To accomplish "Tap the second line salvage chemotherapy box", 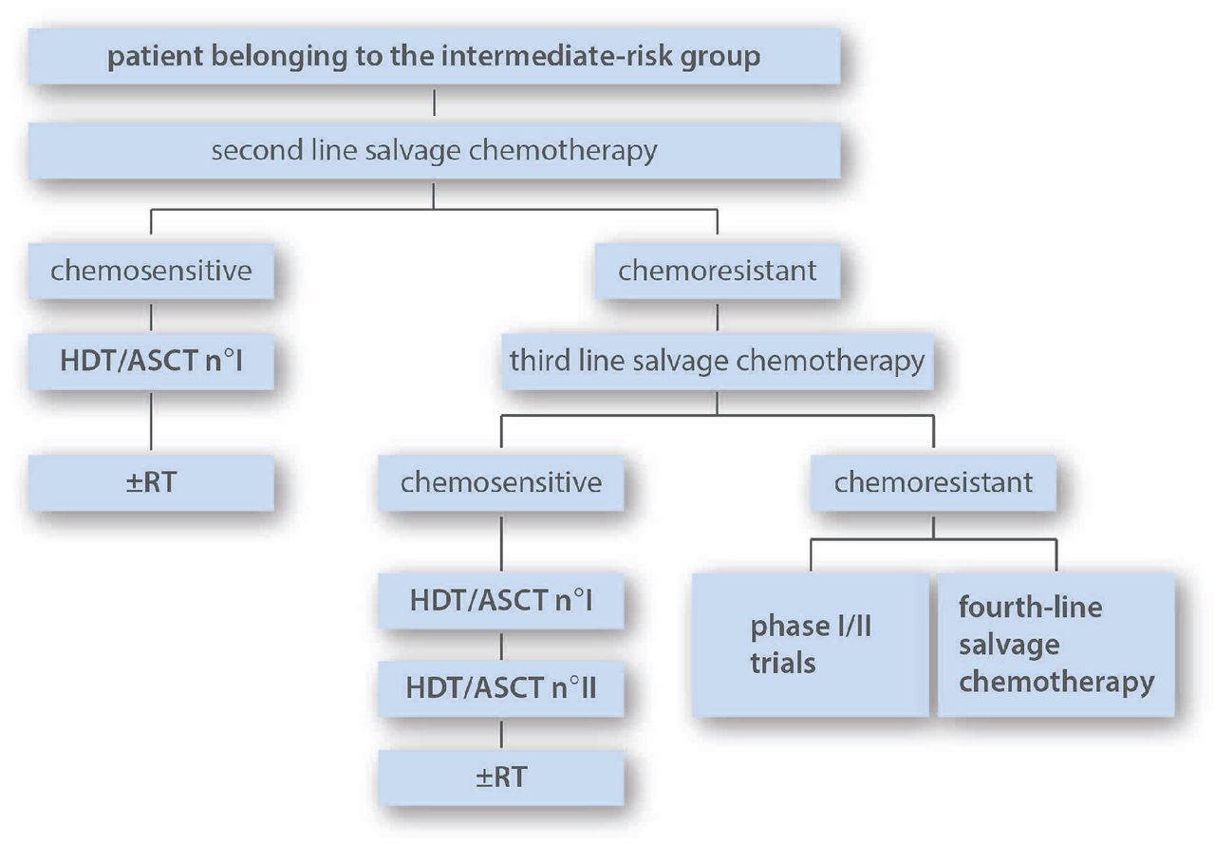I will point(434,151).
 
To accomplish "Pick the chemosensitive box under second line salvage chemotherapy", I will point(151,271).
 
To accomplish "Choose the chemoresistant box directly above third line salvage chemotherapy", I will point(717,271).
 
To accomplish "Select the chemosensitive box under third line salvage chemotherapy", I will point(500,482).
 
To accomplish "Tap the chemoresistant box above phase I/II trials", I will point(933,482).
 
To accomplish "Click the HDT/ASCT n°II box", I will point(500,687).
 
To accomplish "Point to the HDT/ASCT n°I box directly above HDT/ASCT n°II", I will point(500,600).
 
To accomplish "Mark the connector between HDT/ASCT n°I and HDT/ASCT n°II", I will point(500,644).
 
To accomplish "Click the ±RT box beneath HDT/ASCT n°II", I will point(500,777).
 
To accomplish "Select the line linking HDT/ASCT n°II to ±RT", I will point(500,733).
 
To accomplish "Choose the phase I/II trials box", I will point(810,644).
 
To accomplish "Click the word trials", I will point(783,662).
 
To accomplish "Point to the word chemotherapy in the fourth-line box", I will point(1056,682).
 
